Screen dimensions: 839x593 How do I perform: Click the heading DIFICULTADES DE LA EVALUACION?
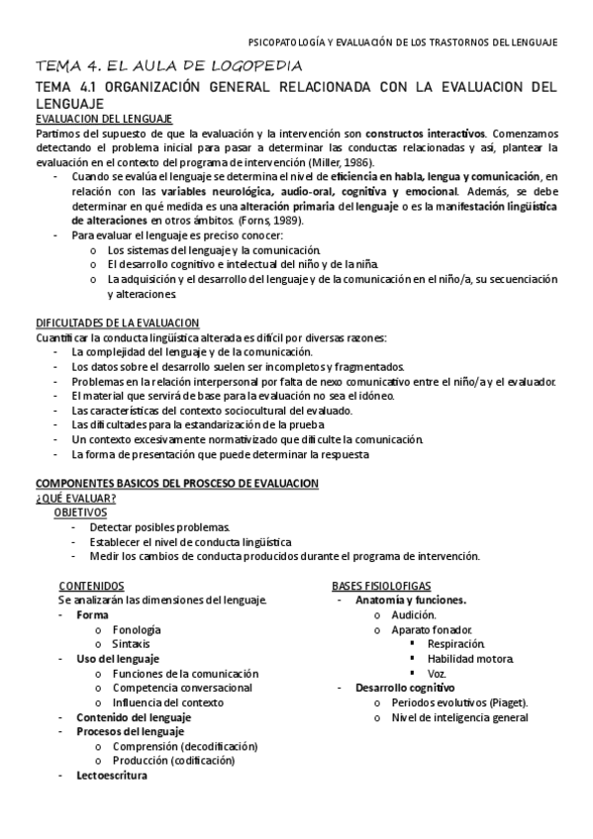pyautogui.click(x=118, y=323)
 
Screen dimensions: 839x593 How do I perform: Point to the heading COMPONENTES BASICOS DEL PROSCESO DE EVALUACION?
pyautogui.click(x=177, y=483)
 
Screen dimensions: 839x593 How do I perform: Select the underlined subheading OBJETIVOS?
pyautogui.click(x=80, y=513)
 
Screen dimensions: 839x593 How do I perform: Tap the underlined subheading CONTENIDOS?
pyautogui.click(x=91, y=585)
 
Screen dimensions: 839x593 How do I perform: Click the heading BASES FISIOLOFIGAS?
pyautogui.click(x=381, y=585)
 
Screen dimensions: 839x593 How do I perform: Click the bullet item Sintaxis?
pyautogui.click(x=132, y=643)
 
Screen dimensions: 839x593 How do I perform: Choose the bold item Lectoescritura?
pyautogui.click(x=112, y=775)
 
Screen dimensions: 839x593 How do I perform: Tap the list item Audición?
pyautogui.click(x=414, y=614)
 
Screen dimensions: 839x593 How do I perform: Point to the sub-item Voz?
pyautogui.click(x=437, y=673)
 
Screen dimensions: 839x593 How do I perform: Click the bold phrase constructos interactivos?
pyautogui.click(x=425, y=133)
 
